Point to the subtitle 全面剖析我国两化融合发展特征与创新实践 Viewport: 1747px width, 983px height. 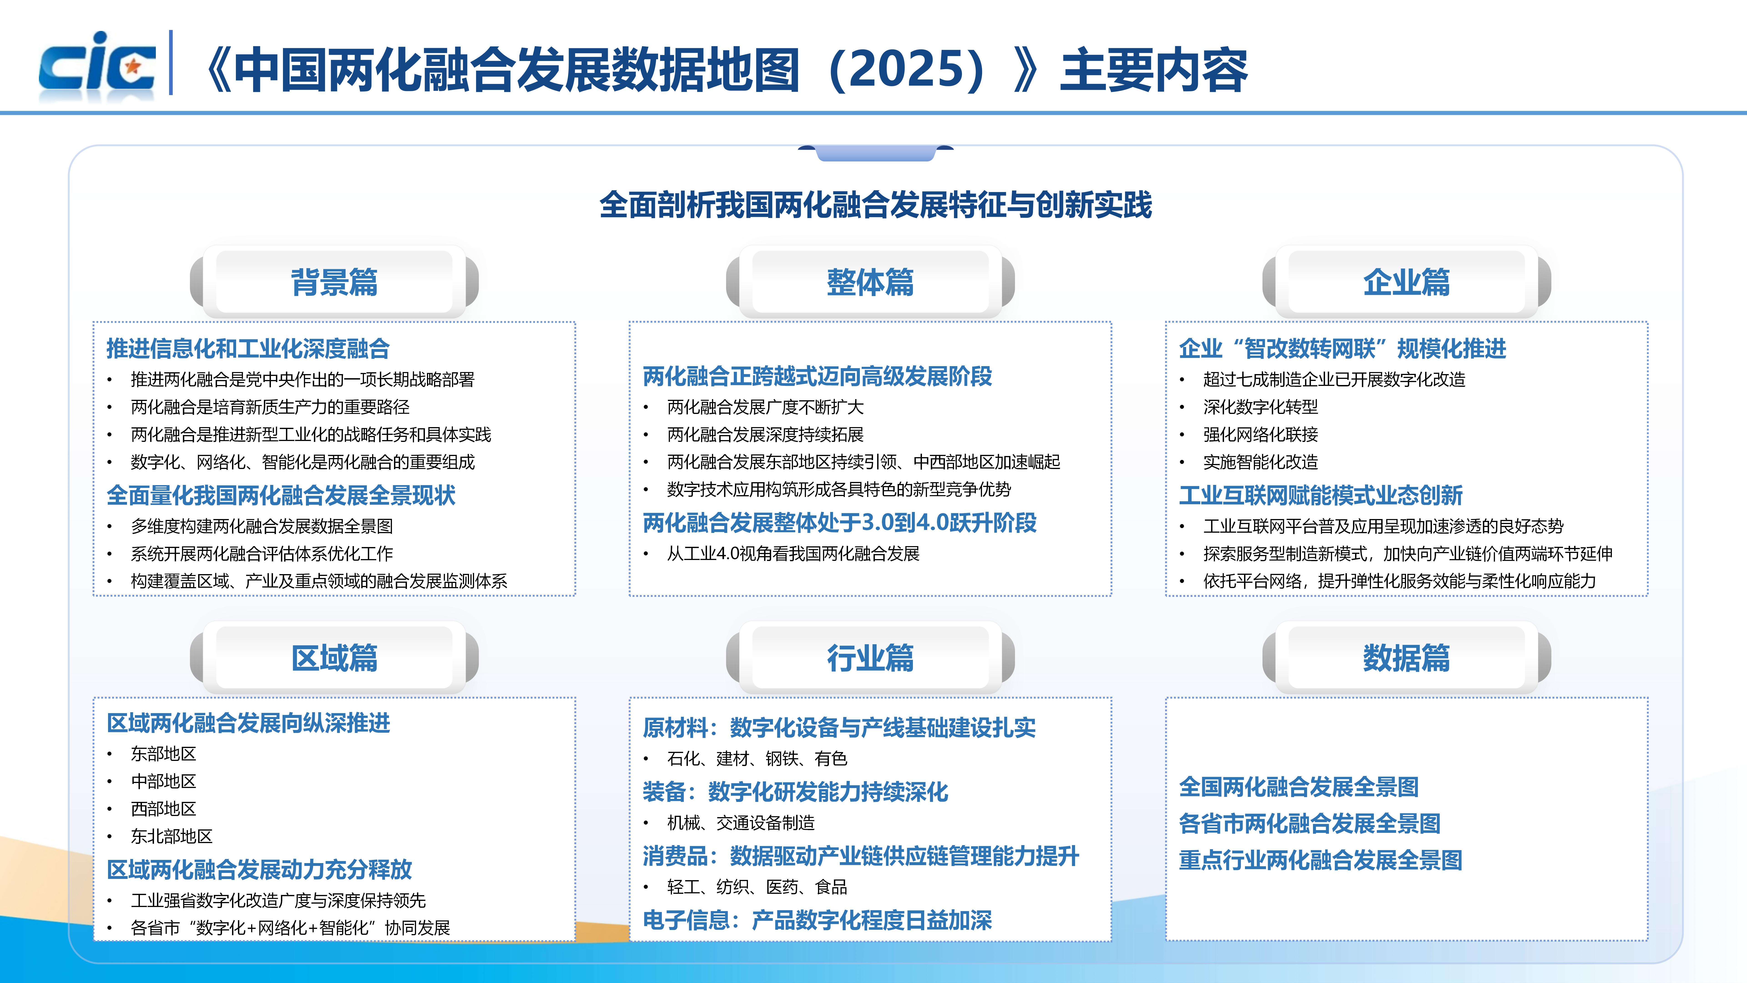pos(876,205)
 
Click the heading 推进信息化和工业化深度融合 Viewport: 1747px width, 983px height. pos(248,349)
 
